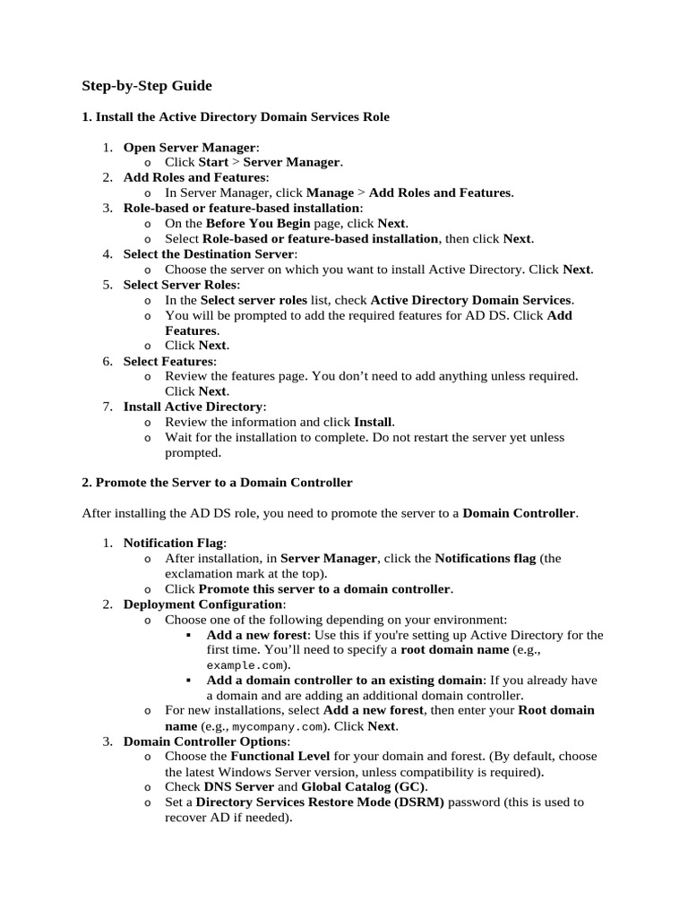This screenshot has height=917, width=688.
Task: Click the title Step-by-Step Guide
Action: pyautogui.click(x=147, y=86)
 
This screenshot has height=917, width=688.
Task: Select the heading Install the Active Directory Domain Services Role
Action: pyautogui.click(x=236, y=116)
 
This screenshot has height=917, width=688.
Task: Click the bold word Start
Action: pyautogui.click(x=213, y=162)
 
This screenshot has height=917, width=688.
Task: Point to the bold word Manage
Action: pyautogui.click(x=330, y=193)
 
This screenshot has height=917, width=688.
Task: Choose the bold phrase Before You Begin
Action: pyautogui.click(x=258, y=223)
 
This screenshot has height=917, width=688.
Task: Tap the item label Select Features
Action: pyautogui.click(x=168, y=361)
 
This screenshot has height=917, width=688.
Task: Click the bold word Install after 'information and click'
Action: pyautogui.click(x=373, y=421)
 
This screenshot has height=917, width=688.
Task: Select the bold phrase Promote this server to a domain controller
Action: pyautogui.click(x=325, y=589)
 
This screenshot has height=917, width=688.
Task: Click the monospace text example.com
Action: pyautogui.click(x=247, y=666)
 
